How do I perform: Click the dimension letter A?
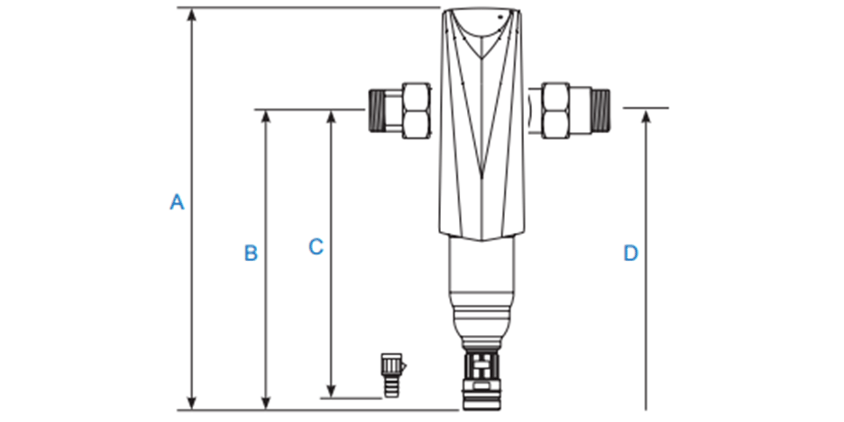pyautogui.click(x=177, y=202)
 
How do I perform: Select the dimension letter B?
pyautogui.click(x=251, y=253)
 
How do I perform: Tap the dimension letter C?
pyautogui.click(x=316, y=247)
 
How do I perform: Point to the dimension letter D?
pyautogui.click(x=631, y=253)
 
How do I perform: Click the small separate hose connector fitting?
pyautogui.click(x=390, y=374)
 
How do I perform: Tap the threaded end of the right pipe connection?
pyautogui.click(x=601, y=109)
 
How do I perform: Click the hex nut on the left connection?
pyautogui.click(x=415, y=110)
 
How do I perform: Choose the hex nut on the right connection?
pyautogui.click(x=555, y=110)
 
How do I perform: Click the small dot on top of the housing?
pyautogui.click(x=498, y=16)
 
